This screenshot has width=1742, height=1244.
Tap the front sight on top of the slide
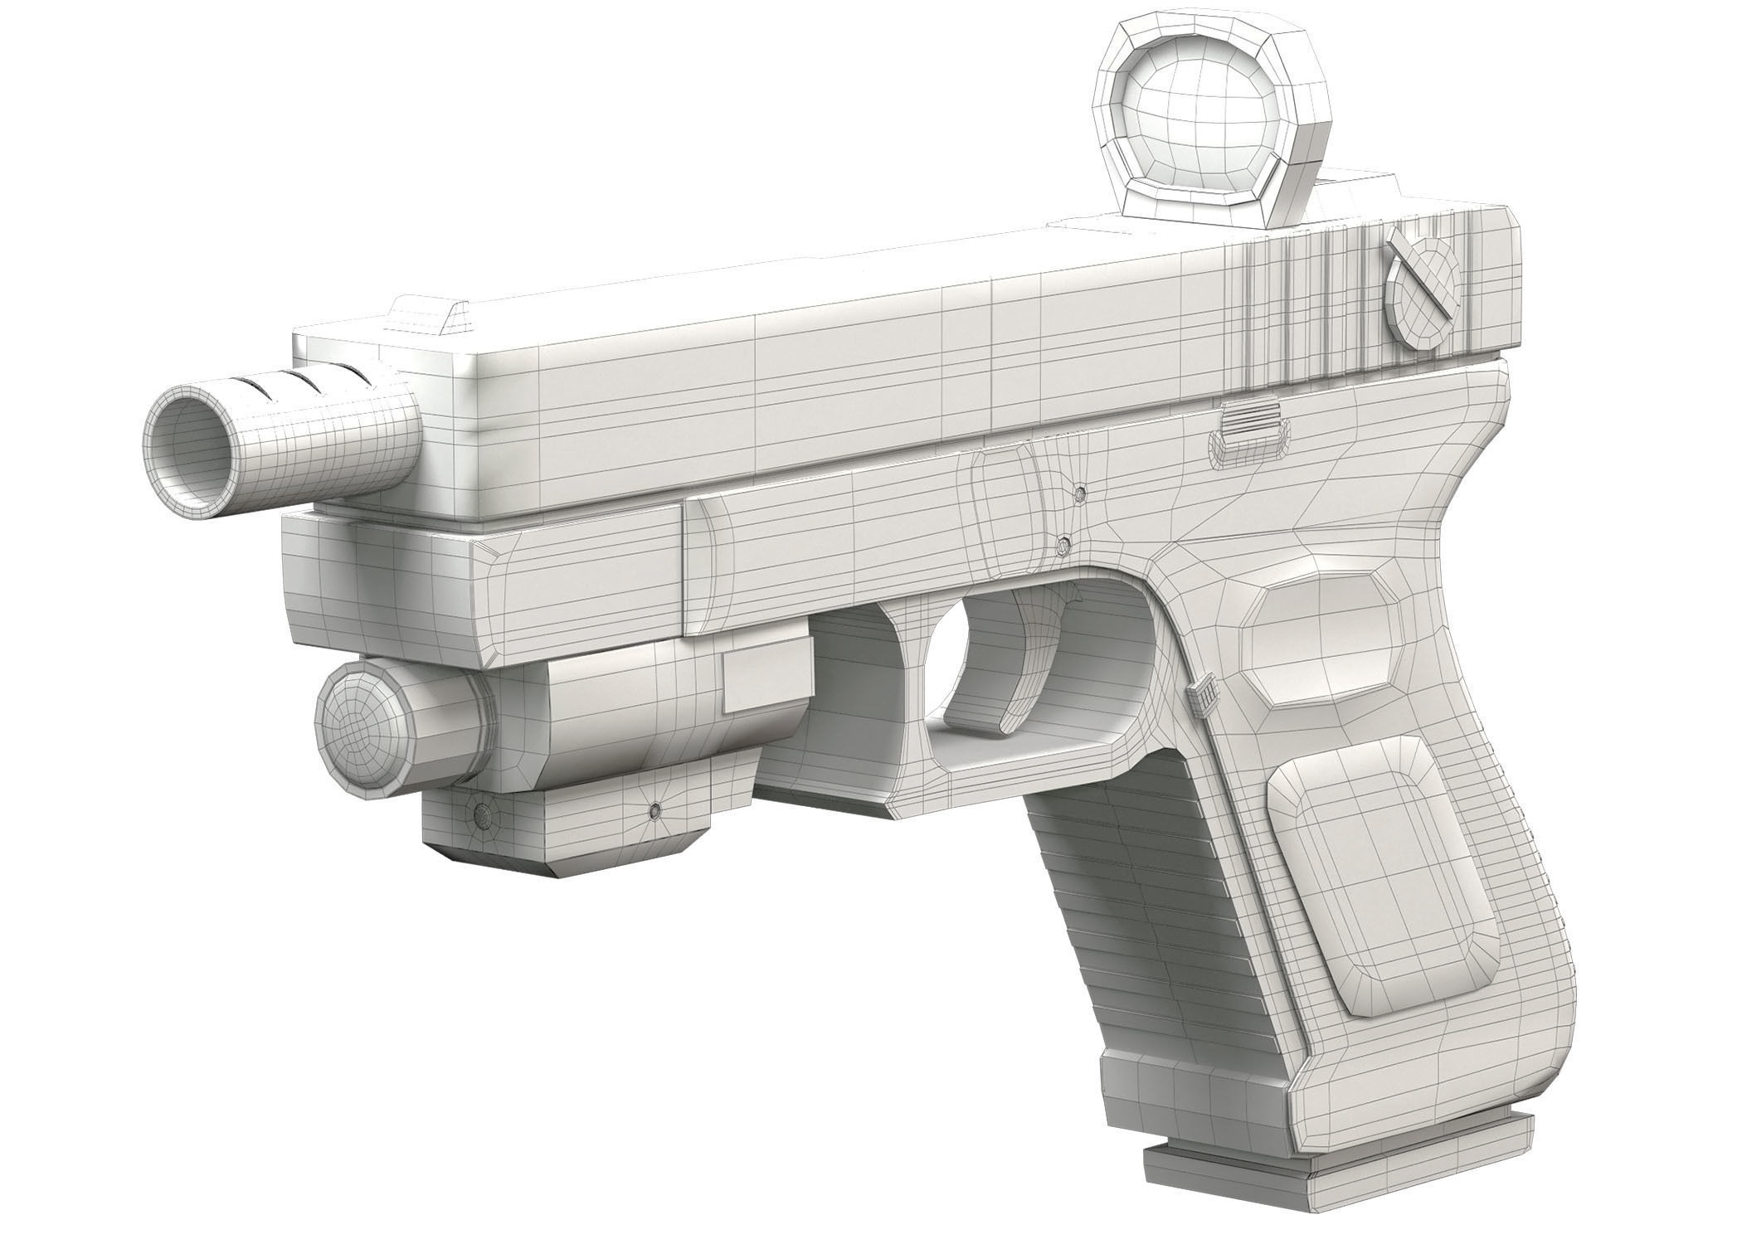pos(425,315)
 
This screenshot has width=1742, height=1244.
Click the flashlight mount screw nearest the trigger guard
pos(657,809)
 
